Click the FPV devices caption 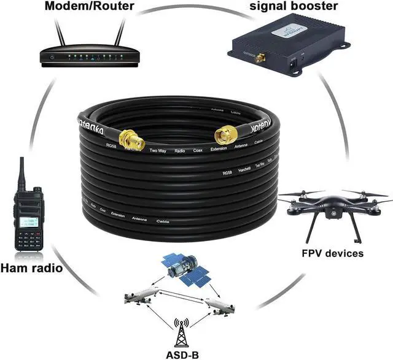click(x=332, y=253)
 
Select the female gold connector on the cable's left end click(x=132, y=139)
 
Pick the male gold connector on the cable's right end click(x=227, y=135)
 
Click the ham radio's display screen click(x=28, y=223)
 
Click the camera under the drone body click(x=335, y=213)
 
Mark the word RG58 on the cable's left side click(x=111, y=146)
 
